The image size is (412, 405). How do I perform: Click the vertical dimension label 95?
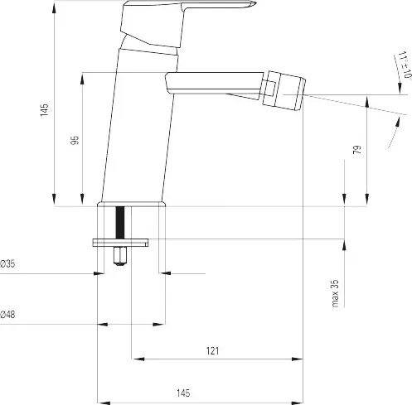tap(75, 140)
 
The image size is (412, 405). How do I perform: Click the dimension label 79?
tap(357, 150)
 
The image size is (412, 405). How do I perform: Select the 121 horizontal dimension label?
tap(212, 351)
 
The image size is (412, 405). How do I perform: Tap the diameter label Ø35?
tap(7, 264)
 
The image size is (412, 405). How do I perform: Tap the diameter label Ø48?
tap(7, 314)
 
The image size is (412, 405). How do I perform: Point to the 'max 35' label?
tap(335, 293)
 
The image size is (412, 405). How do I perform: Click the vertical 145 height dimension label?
tap(44, 110)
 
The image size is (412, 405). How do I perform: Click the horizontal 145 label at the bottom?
tap(183, 393)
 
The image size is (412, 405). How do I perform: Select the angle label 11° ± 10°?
tap(405, 65)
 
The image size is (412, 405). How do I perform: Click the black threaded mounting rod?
tap(120, 223)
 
